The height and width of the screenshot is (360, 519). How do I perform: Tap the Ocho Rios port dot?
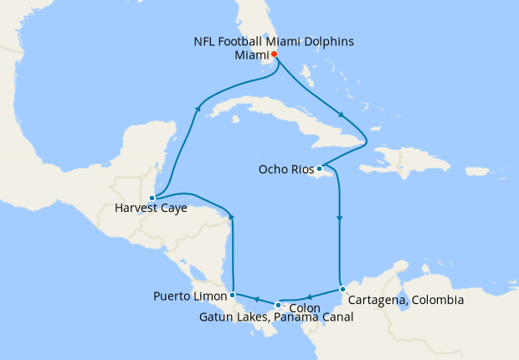pos(319,167)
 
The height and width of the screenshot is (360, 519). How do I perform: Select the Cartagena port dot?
pos(342,290)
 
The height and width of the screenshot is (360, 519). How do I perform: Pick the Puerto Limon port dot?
pos(232,295)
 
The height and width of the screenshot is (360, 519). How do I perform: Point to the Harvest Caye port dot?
pos(152,198)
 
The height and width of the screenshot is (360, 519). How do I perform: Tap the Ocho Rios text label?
pos(286,169)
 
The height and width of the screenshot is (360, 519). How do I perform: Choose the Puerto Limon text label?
pos(190,296)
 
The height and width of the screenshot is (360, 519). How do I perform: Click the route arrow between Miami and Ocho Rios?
pos(340,116)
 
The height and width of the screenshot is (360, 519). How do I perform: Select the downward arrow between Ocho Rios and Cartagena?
pos(339,219)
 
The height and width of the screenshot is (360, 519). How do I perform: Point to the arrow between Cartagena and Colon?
pos(309,296)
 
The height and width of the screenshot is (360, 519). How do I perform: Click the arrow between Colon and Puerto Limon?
pos(255,299)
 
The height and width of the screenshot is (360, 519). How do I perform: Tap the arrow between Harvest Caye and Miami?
pos(198,107)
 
